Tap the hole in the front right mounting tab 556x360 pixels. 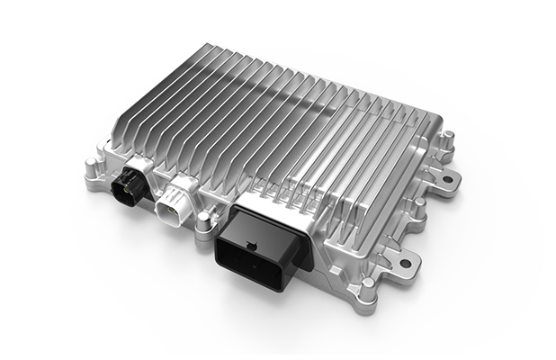point(405,263)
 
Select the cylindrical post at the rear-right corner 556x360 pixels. point(447,139)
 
